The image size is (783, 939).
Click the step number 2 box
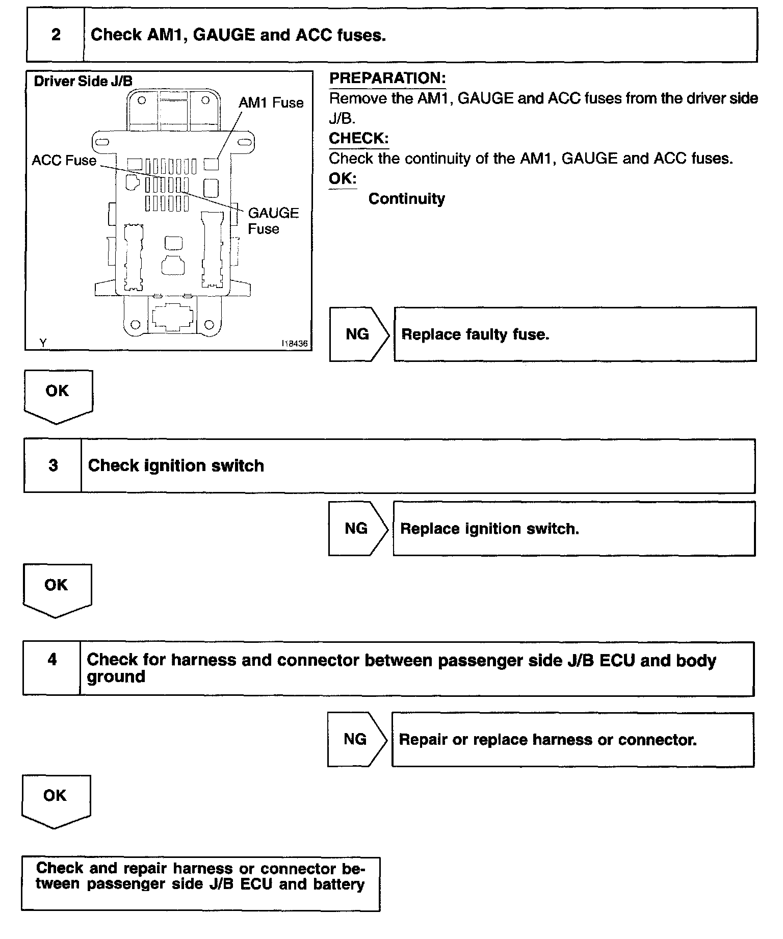pyautogui.click(x=56, y=35)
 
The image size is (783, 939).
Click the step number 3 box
pyautogui.click(x=53, y=465)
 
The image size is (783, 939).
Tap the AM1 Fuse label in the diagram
pyautogui.click(x=271, y=103)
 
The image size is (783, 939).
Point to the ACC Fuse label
pyautogui.click(x=64, y=161)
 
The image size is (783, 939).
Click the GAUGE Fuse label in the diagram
pyautogui.click(x=273, y=220)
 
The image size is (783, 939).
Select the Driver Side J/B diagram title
pyautogui.click(x=83, y=81)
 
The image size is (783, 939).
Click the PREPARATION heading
pyautogui.click(x=387, y=78)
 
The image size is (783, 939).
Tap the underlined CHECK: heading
pyautogui.click(x=358, y=138)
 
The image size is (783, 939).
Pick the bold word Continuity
pyautogui.click(x=406, y=199)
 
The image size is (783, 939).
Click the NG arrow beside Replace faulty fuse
pyautogui.click(x=358, y=334)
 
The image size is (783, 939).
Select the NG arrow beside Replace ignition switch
pyautogui.click(x=357, y=529)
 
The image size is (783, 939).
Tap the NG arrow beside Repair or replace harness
pyautogui.click(x=356, y=739)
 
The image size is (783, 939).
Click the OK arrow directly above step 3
pyautogui.click(x=58, y=395)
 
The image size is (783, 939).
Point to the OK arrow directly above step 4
pyautogui.click(x=57, y=588)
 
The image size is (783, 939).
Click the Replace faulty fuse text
pyautogui.click(x=475, y=334)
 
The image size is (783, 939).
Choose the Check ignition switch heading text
pyautogui.click(x=176, y=465)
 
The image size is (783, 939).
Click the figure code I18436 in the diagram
pyautogui.click(x=295, y=344)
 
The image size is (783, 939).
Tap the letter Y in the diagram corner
pyautogui.click(x=43, y=343)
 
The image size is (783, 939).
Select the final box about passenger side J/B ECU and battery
pyautogui.click(x=200, y=883)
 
